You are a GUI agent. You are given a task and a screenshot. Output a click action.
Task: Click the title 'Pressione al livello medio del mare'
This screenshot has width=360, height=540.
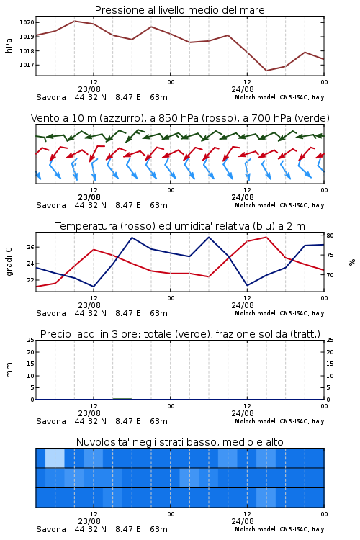(179, 10)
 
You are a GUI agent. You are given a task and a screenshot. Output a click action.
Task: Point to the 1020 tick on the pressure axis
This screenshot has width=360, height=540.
(27, 23)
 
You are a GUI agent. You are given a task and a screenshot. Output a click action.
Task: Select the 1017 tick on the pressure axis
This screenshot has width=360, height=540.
(27, 65)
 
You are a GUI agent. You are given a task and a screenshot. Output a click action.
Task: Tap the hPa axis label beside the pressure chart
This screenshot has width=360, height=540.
(9, 45)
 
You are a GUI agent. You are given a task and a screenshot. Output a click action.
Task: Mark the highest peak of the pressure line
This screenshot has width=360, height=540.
(74, 21)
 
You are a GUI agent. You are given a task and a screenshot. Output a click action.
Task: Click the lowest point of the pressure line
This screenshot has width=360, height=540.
(266, 71)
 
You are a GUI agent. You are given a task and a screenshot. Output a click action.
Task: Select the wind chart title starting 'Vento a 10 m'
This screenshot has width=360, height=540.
(180, 118)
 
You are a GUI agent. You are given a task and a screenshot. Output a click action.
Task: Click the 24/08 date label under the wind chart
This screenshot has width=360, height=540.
(243, 197)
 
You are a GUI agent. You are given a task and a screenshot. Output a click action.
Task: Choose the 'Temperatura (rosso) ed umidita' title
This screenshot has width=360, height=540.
(180, 226)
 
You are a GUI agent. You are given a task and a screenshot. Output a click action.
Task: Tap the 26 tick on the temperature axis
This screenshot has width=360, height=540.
(30, 247)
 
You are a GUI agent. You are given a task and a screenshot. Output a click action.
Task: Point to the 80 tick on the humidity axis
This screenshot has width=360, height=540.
(330, 235)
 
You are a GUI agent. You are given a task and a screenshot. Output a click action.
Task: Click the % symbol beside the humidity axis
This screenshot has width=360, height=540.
(352, 262)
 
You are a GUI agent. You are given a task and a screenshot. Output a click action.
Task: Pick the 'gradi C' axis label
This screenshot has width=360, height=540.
(9, 262)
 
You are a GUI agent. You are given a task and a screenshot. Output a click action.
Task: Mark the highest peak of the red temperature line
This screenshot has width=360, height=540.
(266, 237)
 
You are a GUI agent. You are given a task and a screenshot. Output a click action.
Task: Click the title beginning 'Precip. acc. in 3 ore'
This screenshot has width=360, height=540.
(180, 334)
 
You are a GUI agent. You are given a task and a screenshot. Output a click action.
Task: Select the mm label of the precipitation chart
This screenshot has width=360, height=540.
(9, 370)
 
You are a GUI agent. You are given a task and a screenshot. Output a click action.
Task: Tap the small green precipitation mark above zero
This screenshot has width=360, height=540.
(122, 398)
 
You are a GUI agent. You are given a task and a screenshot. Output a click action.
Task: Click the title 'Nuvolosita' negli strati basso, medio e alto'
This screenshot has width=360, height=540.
(179, 442)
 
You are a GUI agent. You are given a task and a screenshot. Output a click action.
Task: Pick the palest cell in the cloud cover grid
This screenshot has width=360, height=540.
(55, 458)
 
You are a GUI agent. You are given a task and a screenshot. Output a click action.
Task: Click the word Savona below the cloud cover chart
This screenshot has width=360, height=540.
(51, 529)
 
